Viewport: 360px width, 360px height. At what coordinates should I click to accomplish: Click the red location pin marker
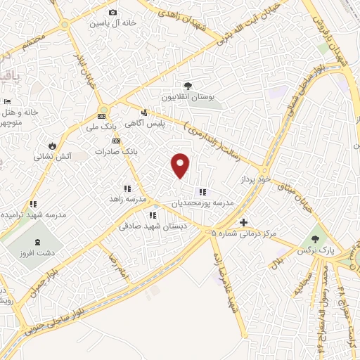pos(181,165)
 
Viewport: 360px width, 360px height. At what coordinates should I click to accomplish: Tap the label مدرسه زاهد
pos(127,200)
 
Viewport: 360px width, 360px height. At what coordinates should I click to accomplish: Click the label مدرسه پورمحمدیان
pos(202,202)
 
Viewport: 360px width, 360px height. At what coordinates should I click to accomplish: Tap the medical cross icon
pos(243,221)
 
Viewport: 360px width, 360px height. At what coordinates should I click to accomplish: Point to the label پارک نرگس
pos(314,250)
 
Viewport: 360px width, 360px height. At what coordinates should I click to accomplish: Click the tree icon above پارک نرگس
pos(314,239)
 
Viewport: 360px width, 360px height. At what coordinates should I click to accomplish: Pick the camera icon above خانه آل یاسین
pos(112,12)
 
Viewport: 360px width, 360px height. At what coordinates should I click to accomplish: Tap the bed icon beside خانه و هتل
pos(8,103)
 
